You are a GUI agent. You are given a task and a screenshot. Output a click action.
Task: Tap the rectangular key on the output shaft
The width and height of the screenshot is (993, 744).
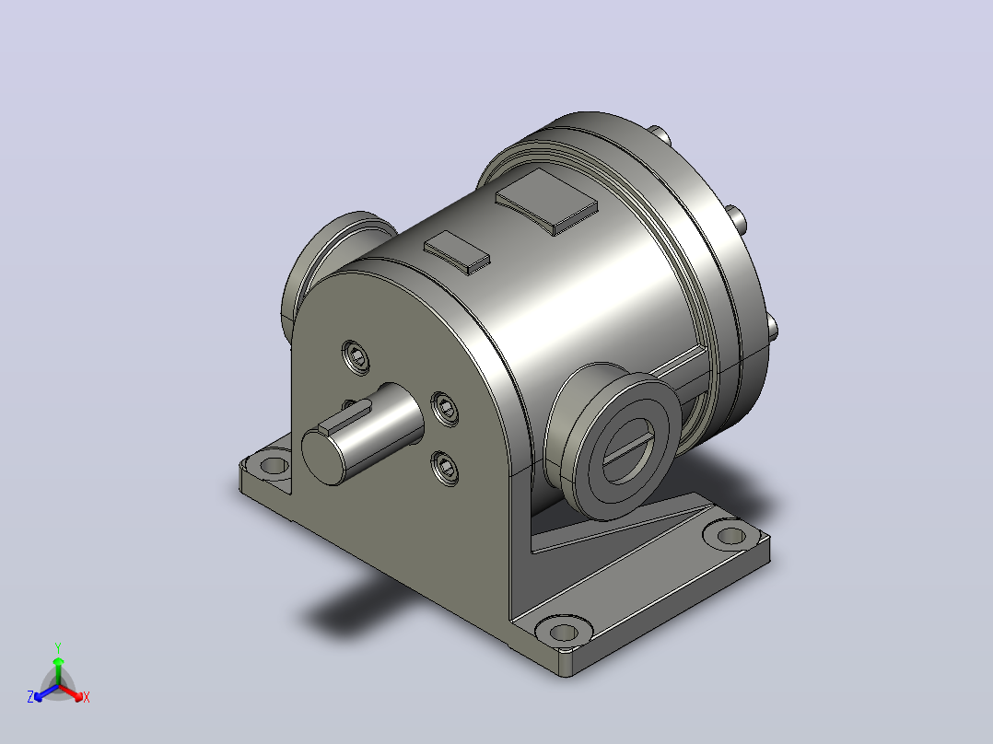(x=345, y=417)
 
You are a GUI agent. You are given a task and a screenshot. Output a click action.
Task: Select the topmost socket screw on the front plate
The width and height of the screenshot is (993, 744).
(x=356, y=357)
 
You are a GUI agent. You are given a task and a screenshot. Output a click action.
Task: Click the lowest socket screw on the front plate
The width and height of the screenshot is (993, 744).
(x=446, y=469)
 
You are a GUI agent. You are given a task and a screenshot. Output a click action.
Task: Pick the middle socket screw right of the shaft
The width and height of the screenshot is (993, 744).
(x=445, y=409)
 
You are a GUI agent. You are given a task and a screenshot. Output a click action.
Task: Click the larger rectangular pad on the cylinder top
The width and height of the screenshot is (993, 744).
(x=546, y=201)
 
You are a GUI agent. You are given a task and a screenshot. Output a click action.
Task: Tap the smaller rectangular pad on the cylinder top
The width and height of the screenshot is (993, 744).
(x=457, y=252)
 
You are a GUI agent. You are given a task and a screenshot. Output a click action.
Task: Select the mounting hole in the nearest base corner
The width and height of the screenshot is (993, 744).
(x=563, y=632)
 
